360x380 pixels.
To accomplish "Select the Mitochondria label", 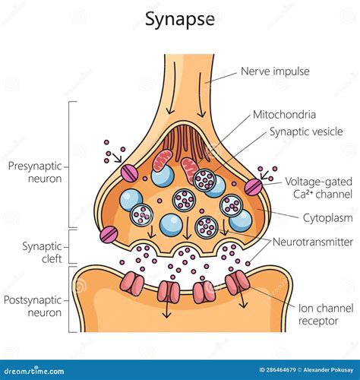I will (283, 116).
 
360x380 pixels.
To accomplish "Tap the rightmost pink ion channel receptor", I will (237, 284).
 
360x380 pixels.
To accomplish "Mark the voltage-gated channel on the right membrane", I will (253, 186).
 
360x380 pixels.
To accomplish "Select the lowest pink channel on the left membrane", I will (109, 234).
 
